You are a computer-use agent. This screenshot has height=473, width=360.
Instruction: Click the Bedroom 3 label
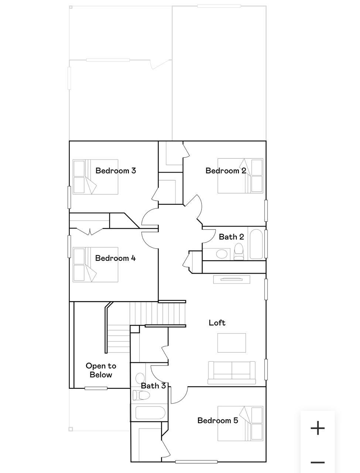116,170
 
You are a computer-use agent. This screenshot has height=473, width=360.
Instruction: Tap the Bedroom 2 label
226,170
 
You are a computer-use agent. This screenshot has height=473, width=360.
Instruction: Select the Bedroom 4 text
115,258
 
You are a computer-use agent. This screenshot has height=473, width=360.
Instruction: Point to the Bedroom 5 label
217,420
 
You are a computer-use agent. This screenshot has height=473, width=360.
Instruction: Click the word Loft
217,323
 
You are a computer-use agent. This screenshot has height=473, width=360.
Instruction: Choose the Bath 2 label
231,236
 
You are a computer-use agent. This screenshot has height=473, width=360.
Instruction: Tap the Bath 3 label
153,386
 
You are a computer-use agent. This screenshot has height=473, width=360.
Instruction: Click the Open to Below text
101,370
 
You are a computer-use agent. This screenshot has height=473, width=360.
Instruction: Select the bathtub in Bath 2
257,244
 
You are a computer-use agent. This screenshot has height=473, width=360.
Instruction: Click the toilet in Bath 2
239,251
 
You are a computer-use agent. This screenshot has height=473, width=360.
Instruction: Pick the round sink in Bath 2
222,254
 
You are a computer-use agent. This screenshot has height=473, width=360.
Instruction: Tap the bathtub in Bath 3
150,413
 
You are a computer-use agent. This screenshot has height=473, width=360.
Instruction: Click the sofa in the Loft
232,373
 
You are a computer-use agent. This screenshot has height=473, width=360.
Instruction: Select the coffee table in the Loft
232,343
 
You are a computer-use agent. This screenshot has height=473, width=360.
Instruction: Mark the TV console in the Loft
232,279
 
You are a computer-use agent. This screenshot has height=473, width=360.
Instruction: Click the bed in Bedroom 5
240,423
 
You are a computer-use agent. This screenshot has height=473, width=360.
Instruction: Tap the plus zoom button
318,428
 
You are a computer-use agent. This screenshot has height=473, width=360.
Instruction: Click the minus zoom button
318,462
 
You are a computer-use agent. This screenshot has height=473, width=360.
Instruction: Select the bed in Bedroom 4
95,265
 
